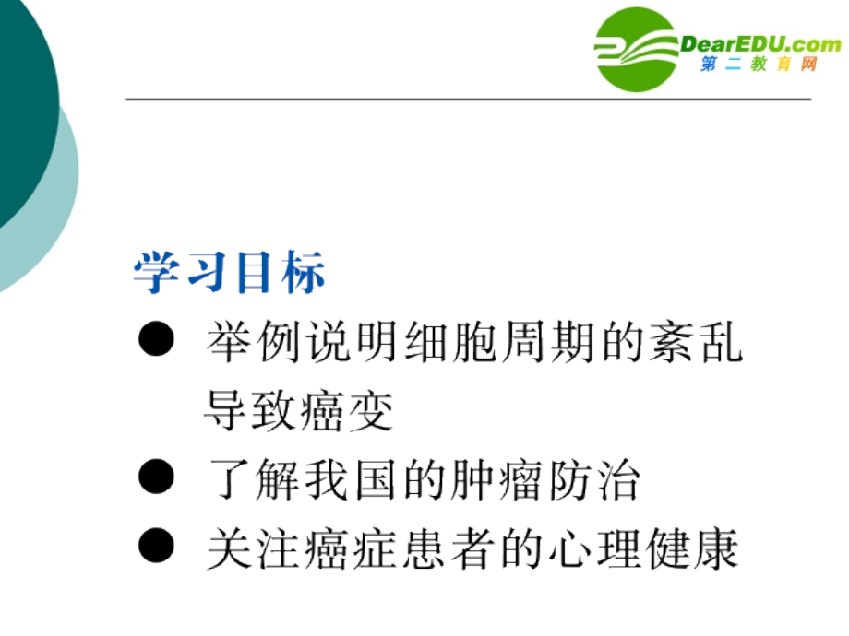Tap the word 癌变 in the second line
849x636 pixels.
[346, 410]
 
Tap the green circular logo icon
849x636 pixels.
[637, 48]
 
